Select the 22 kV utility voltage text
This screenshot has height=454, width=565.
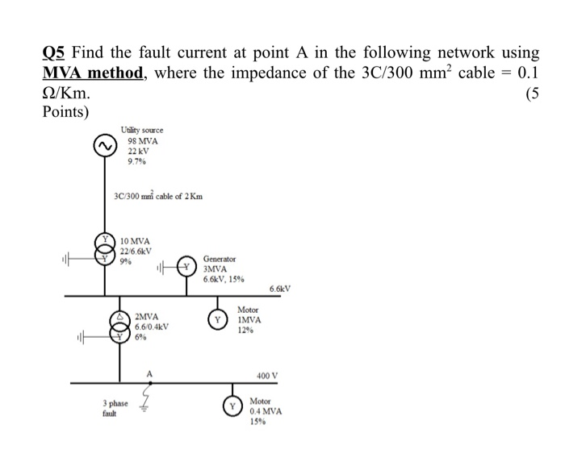point(139,151)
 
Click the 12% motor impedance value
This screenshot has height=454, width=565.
point(246,329)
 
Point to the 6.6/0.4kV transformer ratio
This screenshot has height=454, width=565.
point(152,327)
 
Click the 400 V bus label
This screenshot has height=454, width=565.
point(266,376)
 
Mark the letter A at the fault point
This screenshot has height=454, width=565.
point(149,373)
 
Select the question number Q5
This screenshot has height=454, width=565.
point(54,53)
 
